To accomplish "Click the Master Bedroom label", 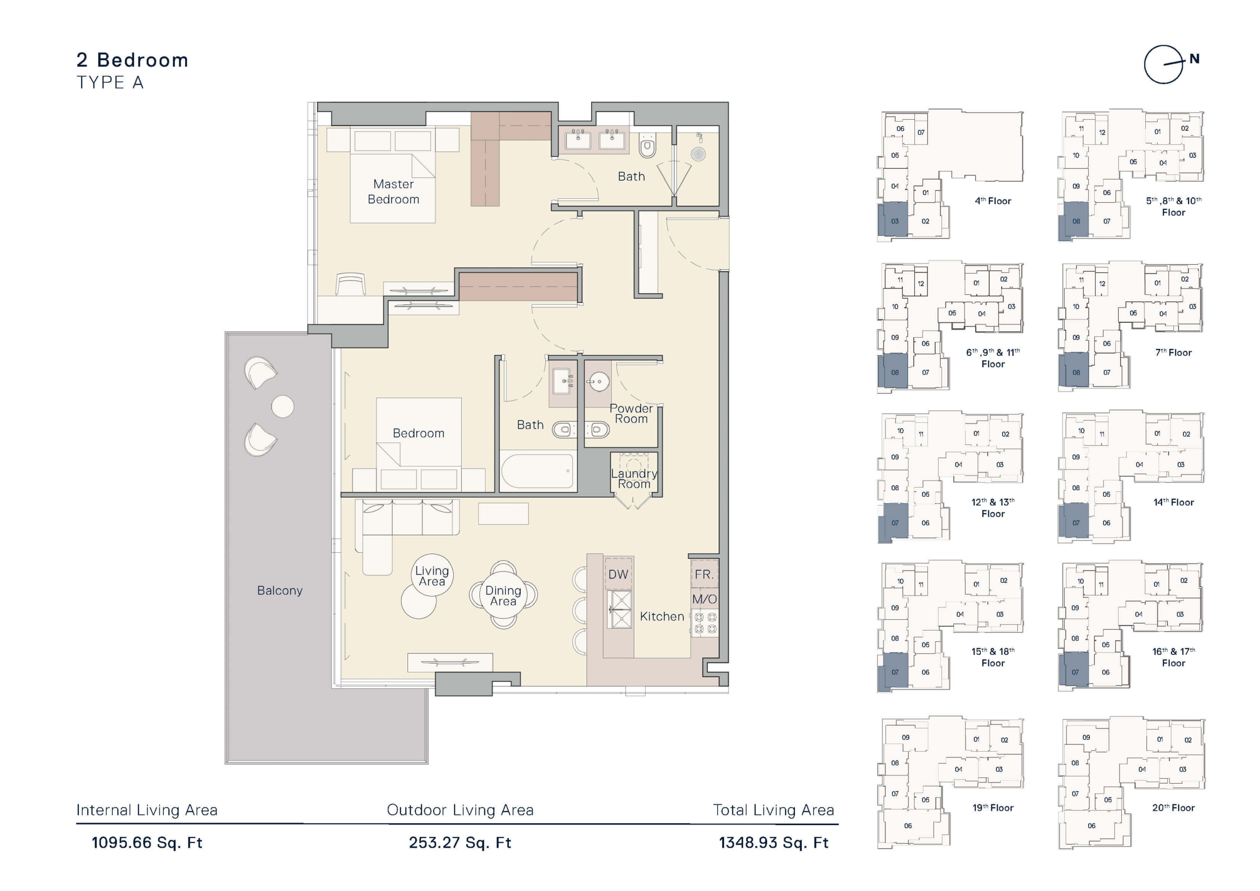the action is (393, 191).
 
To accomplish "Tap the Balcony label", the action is (280, 590).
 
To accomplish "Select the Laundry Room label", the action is (634, 478).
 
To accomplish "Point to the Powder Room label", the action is (631, 414).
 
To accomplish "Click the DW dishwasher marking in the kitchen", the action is (619, 574).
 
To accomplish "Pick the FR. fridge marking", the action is (704, 574).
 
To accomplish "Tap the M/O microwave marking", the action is (704, 599).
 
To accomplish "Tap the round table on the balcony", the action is (283, 407).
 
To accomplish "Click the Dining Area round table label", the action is (503, 596).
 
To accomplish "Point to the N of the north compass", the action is (1195, 59).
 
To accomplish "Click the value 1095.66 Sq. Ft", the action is (147, 843).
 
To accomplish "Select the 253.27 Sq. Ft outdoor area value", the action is (460, 843).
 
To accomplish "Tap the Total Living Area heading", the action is (773, 810).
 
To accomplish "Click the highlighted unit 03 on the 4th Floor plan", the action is (893, 220).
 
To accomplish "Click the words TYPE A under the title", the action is (110, 82).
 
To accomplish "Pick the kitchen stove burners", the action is (705, 623).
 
